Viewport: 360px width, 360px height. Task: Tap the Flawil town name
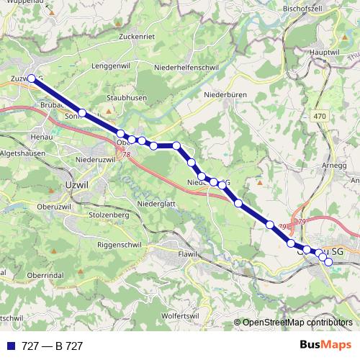click(186, 255)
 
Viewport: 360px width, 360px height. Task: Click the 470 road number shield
click(320, 116)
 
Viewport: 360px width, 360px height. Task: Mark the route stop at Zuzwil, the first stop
click(32, 78)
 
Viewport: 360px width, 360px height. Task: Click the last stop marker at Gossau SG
click(328, 261)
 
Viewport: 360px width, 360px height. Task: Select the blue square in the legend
click(10, 346)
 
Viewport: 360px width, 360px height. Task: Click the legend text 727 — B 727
click(52, 346)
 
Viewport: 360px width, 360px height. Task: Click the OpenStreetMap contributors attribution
click(297, 323)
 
